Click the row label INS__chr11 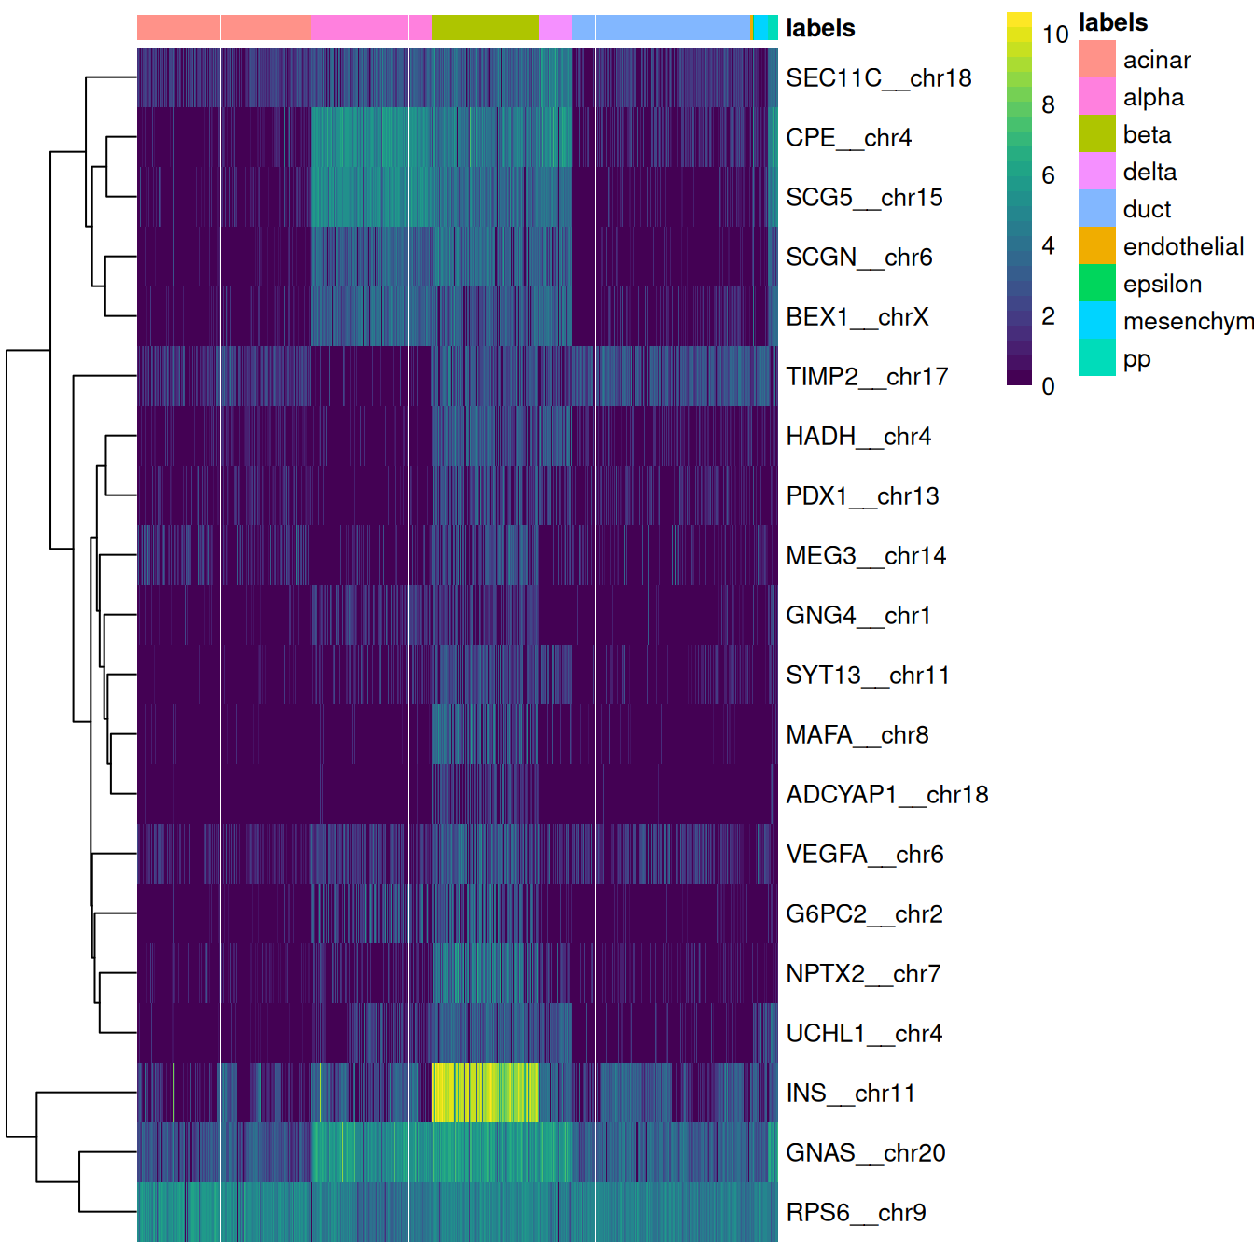(850, 1093)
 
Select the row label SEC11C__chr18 (878, 77)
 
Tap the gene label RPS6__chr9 (856, 1212)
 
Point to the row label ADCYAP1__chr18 (886, 794)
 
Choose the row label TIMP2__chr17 (867, 376)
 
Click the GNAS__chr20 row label (865, 1152)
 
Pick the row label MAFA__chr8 (857, 734)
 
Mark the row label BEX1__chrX (857, 316)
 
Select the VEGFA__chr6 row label (864, 854)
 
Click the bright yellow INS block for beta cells (485, 1092)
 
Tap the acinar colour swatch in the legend (1096, 59)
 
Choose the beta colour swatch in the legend (1096, 133)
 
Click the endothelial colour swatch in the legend (1096, 245)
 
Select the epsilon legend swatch (1096, 283)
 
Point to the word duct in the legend (1147, 209)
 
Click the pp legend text (1136, 359)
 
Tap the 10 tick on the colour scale (1054, 35)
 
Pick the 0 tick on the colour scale (1048, 385)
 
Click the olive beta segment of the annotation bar (485, 28)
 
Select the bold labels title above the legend (1113, 22)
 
